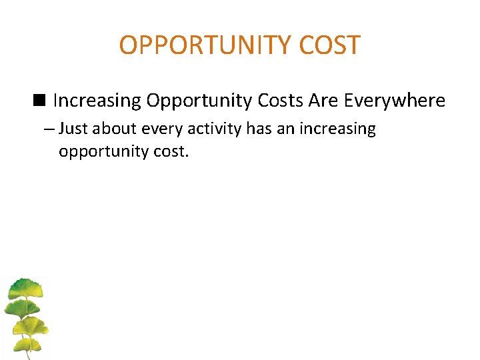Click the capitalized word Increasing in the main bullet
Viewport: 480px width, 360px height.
[97, 101]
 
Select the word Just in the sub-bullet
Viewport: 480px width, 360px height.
[73, 129]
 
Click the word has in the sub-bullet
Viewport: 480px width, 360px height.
[259, 129]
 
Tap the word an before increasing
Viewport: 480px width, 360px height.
[285, 129]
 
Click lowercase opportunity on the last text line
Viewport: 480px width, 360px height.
[101, 151]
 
